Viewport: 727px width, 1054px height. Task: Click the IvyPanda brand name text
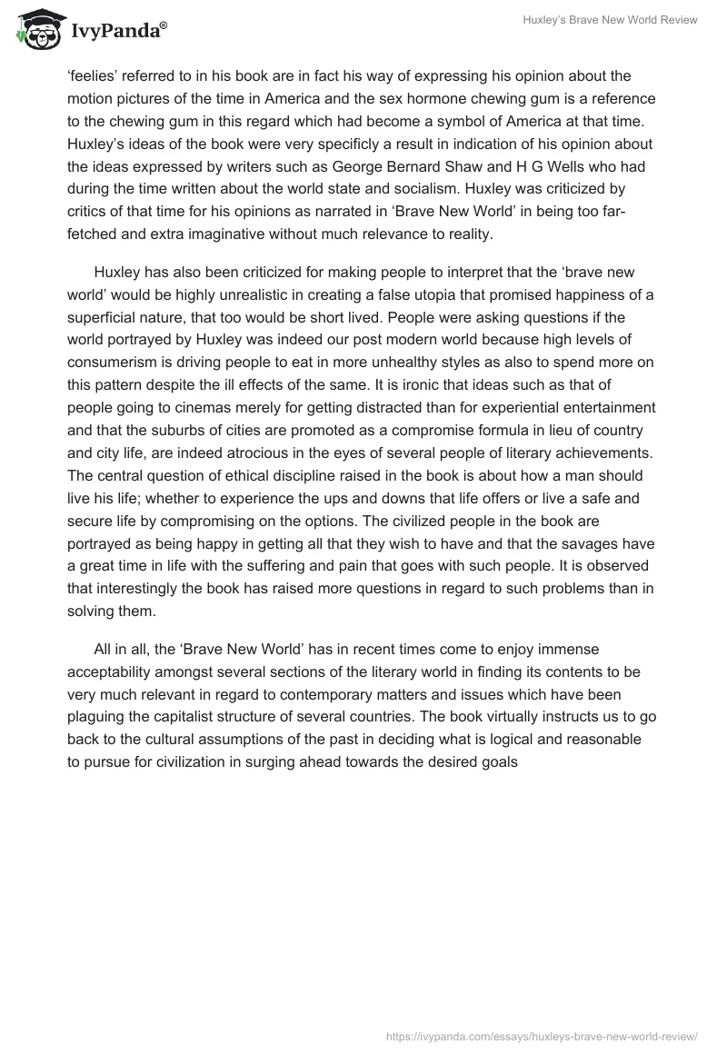[116, 32]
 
